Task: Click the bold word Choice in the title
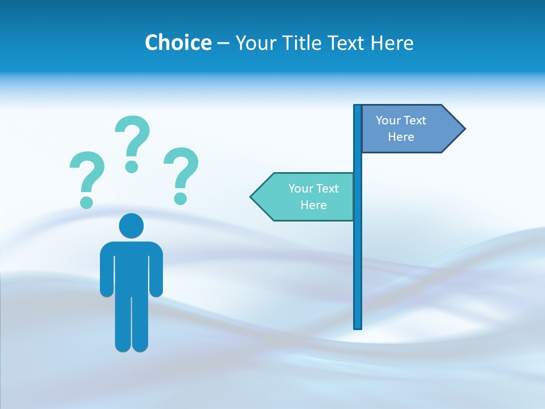(x=178, y=43)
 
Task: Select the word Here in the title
(x=392, y=43)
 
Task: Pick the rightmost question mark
(x=181, y=168)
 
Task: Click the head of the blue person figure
(x=131, y=226)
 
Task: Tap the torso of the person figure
(x=131, y=267)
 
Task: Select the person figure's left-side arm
(x=106, y=273)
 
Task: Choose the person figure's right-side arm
(x=157, y=273)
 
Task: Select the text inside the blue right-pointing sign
(x=401, y=128)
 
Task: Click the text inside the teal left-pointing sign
(x=313, y=197)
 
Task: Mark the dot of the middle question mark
(x=132, y=166)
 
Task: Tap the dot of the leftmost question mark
(x=86, y=202)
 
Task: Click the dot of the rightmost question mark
(x=181, y=198)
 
